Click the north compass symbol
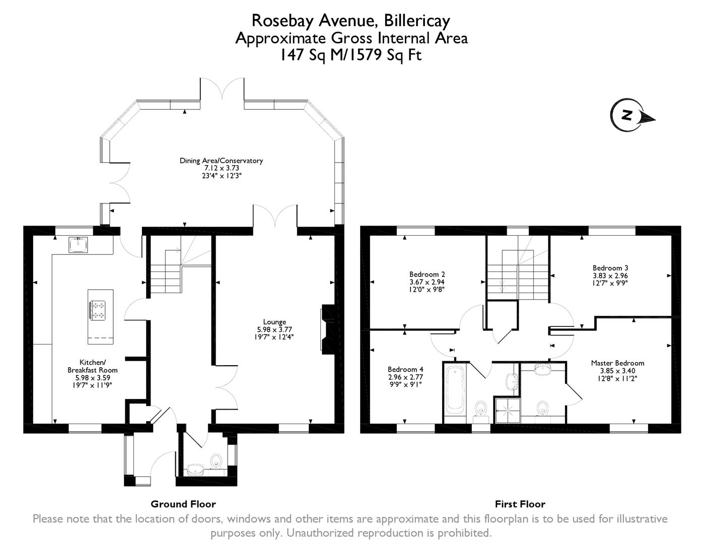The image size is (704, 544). pos(627,115)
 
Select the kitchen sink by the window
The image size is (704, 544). pos(78,245)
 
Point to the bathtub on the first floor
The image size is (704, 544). pos(455,387)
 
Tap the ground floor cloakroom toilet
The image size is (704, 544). pos(217,460)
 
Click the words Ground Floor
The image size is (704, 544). pos(183,504)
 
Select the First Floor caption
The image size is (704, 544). pos(520,504)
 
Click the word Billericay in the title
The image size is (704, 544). pos(416,21)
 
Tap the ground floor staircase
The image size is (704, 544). pos(166,275)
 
